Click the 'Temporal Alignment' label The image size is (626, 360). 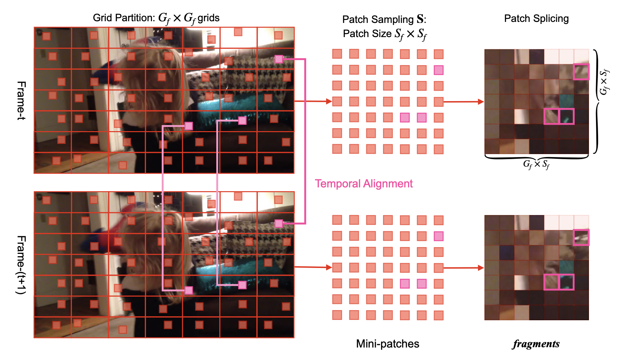click(364, 184)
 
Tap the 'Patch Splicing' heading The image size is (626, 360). click(536, 19)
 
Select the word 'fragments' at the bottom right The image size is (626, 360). click(536, 344)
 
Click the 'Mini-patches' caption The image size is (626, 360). click(387, 343)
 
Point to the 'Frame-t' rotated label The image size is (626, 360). click(22, 100)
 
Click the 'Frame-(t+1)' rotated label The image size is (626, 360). click(21, 265)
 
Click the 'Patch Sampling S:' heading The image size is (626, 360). click(384, 19)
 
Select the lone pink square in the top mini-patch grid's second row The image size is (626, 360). click(438, 70)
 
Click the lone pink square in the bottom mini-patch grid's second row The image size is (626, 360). click(438, 236)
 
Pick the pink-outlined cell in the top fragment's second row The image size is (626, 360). click(581, 72)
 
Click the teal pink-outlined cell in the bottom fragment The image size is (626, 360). click(566, 282)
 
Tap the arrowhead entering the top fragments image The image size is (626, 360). click(481, 101)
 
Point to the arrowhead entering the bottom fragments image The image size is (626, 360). click(481, 268)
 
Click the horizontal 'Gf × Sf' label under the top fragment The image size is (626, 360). click(536, 164)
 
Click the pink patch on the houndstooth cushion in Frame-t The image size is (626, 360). click(279, 59)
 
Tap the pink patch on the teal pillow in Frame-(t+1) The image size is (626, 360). click(242, 285)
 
